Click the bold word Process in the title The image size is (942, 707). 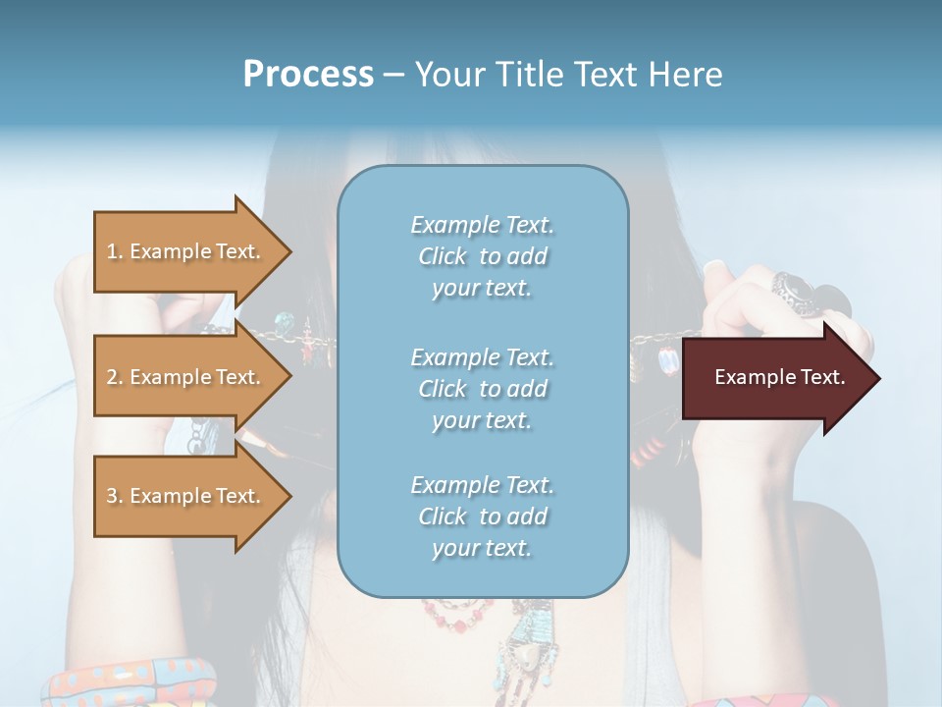tap(308, 75)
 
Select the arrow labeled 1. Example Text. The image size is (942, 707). tap(186, 251)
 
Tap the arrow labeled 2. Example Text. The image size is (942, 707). tap(186, 377)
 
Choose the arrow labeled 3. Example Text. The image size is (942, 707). tap(186, 496)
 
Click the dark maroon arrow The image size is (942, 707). tap(775, 378)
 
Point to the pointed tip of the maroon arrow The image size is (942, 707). tap(877, 378)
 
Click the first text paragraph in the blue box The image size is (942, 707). tap(482, 256)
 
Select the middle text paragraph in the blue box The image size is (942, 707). tap(482, 389)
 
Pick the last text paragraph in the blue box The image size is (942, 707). tap(482, 517)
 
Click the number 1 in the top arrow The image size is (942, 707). tap(113, 251)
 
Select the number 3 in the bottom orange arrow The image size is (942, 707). tap(113, 496)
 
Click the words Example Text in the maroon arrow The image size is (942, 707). tap(780, 377)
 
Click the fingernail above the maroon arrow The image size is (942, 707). tap(714, 267)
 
